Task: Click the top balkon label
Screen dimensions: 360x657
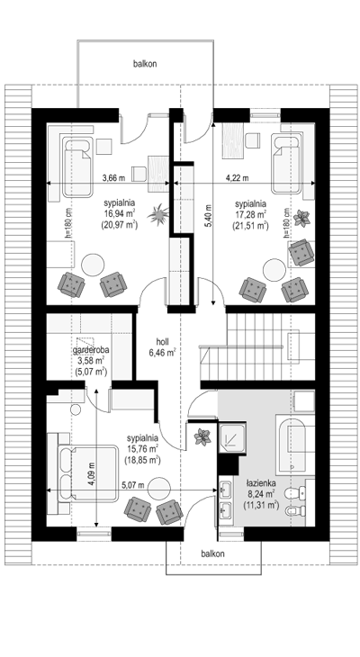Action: tap(145, 64)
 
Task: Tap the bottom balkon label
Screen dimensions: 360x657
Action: tap(212, 553)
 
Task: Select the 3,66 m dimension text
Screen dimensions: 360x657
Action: tap(114, 177)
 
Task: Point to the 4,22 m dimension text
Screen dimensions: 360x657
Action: tap(238, 177)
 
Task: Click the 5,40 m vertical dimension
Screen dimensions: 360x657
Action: tap(208, 213)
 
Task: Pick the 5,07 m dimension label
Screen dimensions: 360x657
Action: tap(133, 485)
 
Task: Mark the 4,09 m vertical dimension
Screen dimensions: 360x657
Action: tap(92, 473)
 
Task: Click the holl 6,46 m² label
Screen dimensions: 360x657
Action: tap(162, 347)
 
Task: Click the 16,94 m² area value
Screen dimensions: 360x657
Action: tap(120, 213)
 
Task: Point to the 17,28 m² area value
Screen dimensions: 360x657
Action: tap(250, 215)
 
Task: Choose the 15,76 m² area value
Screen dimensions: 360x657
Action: tap(142, 449)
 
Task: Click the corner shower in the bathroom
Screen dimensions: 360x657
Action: tap(232, 438)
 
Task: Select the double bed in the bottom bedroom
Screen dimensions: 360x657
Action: tap(88, 472)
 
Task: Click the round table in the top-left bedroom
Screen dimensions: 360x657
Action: tap(93, 265)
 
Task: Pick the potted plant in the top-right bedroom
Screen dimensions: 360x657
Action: tap(301, 218)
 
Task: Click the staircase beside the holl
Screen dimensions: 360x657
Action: tap(257, 346)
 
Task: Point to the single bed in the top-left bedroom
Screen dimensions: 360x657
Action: tap(77, 166)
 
